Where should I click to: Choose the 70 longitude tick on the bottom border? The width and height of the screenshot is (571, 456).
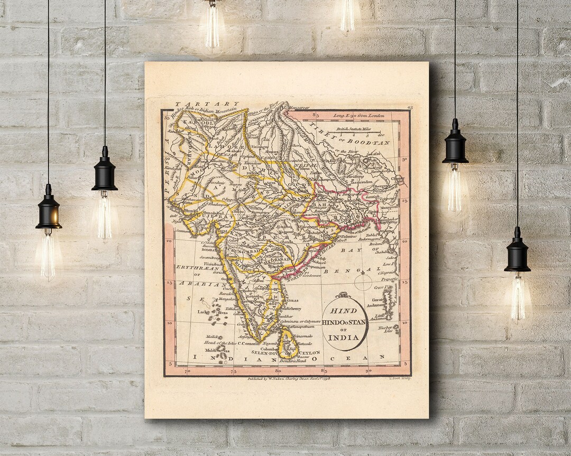click(x=187, y=371)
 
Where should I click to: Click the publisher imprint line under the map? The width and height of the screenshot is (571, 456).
click(x=289, y=379)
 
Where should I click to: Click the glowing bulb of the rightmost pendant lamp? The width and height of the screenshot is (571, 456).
click(x=517, y=299)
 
